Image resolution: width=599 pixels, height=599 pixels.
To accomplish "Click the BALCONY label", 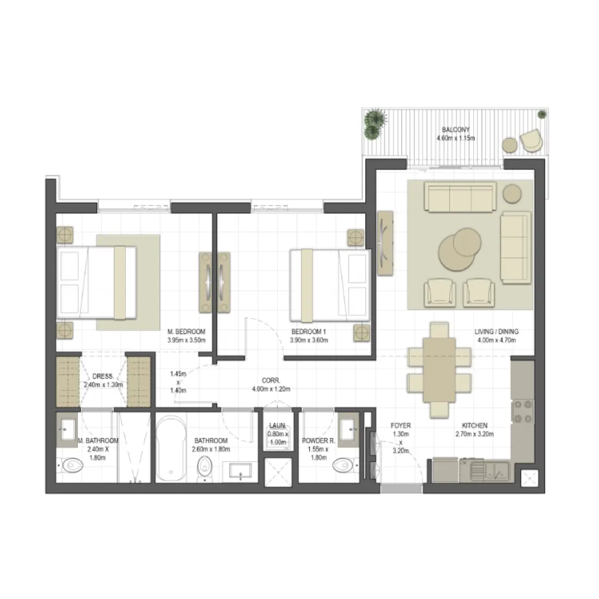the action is click(455, 130).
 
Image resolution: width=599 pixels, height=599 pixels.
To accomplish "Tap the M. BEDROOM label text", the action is click(186, 332).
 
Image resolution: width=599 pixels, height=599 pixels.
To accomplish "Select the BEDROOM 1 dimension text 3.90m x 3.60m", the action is click(309, 340).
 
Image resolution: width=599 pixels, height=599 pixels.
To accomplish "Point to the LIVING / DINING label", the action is click(496, 331).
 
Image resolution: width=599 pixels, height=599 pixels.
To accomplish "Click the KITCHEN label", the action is click(474, 425).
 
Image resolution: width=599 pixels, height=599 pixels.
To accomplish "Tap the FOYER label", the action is click(401, 425).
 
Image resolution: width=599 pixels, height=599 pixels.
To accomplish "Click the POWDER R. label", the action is click(318, 441).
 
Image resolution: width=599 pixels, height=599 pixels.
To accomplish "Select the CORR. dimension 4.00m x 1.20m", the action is click(271, 389).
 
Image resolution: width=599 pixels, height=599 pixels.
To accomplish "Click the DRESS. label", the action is click(103, 376).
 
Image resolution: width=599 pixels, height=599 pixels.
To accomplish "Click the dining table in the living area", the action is click(439, 369).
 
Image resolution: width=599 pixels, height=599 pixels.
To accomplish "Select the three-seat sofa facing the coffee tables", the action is click(460, 197).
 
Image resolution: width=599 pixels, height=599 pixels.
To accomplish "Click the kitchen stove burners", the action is click(523, 411).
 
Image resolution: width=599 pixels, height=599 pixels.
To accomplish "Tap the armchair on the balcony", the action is click(531, 140).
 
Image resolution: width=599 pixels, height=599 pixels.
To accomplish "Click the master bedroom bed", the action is click(96, 282).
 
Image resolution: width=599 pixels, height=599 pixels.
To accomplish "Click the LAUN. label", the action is click(278, 426).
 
